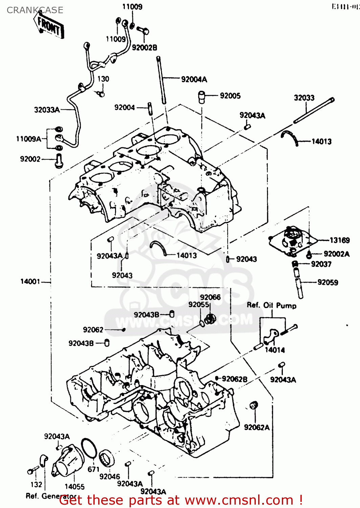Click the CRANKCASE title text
pyautogui.click(x=35, y=10)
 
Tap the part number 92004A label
pyautogui.click(x=194, y=80)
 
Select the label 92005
pyautogui.click(x=230, y=96)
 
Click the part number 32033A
pyautogui.click(x=47, y=110)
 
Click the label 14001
pyautogui.click(x=30, y=281)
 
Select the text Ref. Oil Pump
pyautogui.click(x=271, y=305)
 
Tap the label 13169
pyautogui.click(x=339, y=240)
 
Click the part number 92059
pyautogui.click(x=328, y=282)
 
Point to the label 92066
pyautogui.click(x=210, y=297)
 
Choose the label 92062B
pyautogui.click(x=234, y=379)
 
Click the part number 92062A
pyautogui.click(x=257, y=427)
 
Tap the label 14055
pyautogui.click(x=74, y=487)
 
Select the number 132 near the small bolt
pyautogui.click(x=36, y=485)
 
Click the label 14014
pyautogui.click(x=274, y=350)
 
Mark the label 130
pyautogui.click(x=103, y=79)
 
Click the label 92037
pyautogui.click(x=321, y=264)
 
